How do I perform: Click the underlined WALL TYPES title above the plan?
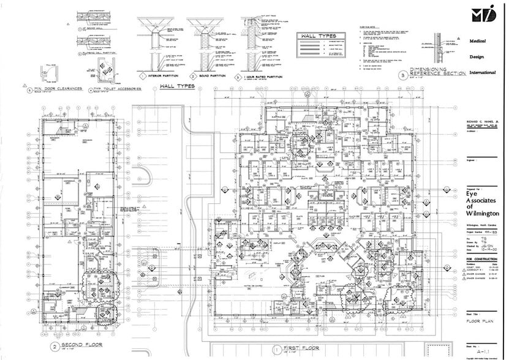(177, 86)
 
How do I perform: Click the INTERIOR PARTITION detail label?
(159, 77)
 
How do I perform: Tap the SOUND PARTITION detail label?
(208, 77)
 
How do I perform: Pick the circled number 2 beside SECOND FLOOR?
(55, 345)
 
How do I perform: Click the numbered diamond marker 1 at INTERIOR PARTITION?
(142, 77)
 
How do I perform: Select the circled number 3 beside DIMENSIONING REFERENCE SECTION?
(402, 75)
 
